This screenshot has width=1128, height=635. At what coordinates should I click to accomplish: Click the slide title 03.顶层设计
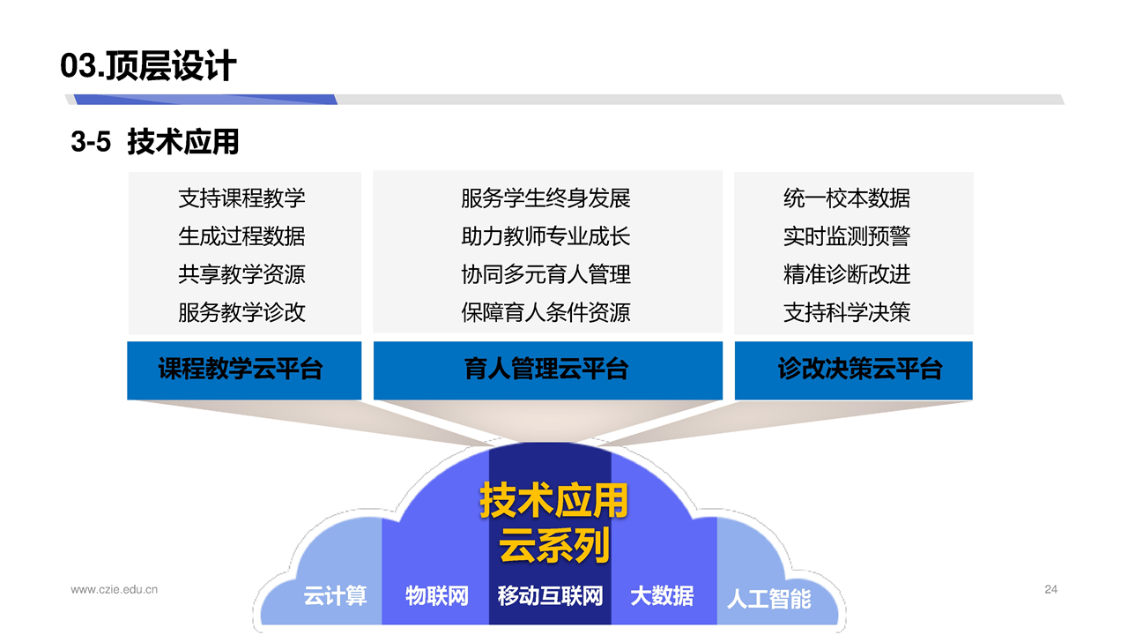(x=148, y=65)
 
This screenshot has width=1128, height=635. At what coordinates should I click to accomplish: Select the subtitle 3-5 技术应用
(x=154, y=142)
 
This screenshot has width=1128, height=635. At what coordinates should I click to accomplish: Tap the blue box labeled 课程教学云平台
(x=244, y=370)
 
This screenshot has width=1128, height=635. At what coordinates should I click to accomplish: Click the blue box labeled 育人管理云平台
(x=548, y=370)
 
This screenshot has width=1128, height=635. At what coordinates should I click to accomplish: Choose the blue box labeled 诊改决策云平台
(x=854, y=370)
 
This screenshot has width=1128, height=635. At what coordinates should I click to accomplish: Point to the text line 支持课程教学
(x=241, y=198)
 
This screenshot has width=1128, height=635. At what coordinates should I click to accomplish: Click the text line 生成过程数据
(x=241, y=235)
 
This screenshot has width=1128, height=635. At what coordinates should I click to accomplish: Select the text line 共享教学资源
(x=241, y=274)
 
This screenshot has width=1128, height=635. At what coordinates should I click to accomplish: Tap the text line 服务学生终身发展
(x=545, y=198)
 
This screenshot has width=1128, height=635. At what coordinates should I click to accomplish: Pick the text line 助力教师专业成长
(x=545, y=235)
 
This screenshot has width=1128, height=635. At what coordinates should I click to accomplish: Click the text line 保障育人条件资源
(x=545, y=312)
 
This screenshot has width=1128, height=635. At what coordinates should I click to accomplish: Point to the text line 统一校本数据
(x=847, y=198)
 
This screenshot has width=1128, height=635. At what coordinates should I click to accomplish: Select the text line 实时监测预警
(x=847, y=235)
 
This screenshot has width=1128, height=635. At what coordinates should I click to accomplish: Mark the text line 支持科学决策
(x=847, y=312)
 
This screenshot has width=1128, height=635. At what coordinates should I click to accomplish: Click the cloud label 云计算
(x=336, y=595)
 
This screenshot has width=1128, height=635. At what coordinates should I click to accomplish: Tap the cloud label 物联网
(x=437, y=595)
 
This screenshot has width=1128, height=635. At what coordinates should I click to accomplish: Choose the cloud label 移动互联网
(x=551, y=595)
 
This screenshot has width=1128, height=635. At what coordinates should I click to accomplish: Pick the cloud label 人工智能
(x=769, y=599)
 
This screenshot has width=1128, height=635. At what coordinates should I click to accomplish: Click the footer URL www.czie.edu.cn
(x=115, y=590)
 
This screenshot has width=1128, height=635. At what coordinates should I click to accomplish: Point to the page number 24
(x=1051, y=590)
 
